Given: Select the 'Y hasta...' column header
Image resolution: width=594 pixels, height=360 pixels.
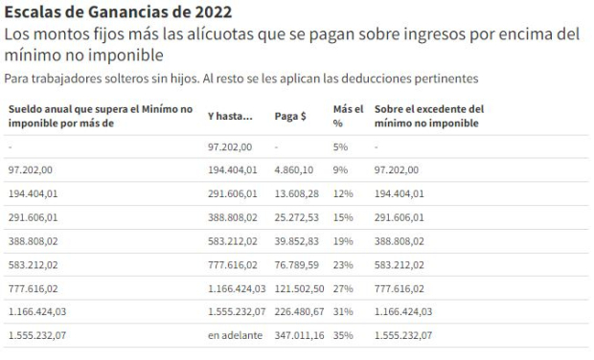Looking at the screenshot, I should pyautogui.click(x=230, y=116).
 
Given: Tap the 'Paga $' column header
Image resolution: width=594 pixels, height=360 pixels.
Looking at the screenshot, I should pyautogui.click(x=291, y=116).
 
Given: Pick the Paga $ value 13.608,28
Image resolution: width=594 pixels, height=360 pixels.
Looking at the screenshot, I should pyautogui.click(x=296, y=193).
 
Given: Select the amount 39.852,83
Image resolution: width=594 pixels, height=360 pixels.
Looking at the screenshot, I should pyautogui.click(x=296, y=241).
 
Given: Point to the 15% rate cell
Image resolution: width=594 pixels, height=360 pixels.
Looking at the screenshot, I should pyautogui.click(x=342, y=217).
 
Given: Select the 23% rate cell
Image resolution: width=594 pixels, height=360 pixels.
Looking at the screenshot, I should pyautogui.click(x=342, y=265).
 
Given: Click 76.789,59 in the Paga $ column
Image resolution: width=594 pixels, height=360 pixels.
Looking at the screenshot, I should pyautogui.click(x=296, y=265).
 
